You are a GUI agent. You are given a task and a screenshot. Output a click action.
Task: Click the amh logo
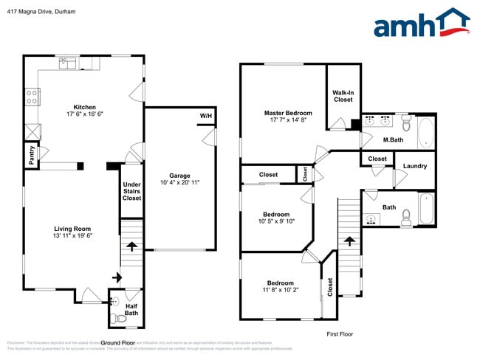click(421, 24)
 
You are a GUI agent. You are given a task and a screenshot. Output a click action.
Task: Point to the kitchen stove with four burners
click(32, 96)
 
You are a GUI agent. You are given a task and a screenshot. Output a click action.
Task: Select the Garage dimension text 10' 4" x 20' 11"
click(180, 182)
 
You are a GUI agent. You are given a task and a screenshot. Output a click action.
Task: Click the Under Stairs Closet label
click(131, 191)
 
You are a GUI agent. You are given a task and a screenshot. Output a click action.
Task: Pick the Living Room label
click(72, 229)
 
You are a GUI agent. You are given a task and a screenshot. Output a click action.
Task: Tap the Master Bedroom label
click(288, 113)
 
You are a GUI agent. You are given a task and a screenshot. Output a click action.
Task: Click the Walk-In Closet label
click(343, 96)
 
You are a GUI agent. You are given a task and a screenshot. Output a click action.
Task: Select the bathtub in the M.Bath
click(425, 133)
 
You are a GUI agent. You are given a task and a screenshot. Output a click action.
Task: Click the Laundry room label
click(414, 166)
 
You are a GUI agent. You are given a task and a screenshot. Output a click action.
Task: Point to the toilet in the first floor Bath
click(405, 216)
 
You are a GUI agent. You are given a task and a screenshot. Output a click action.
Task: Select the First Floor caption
click(340, 334)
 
